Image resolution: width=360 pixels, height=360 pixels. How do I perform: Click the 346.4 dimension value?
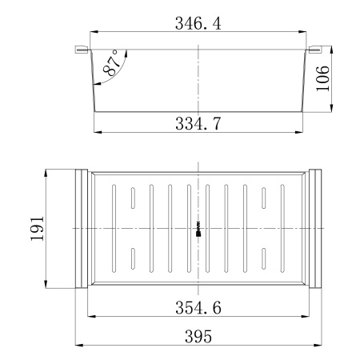click(198, 24)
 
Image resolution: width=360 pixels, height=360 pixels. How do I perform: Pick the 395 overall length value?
click(198, 337)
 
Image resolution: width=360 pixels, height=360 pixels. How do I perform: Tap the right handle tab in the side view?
click(314, 50)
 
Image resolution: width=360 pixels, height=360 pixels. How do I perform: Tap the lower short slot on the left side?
click(132, 258)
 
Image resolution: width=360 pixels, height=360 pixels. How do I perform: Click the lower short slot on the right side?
click(264, 258)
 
